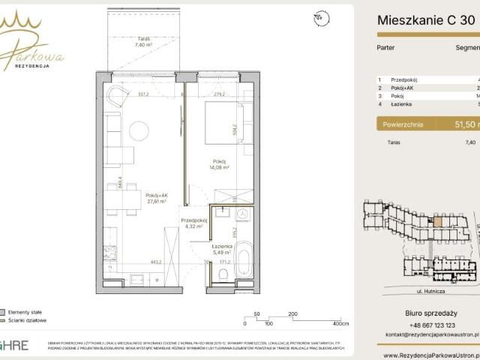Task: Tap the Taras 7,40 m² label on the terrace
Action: click(x=144, y=42)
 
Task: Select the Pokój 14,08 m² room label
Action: click(x=219, y=165)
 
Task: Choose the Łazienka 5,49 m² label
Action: click(x=223, y=250)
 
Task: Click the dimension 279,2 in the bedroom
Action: click(x=218, y=95)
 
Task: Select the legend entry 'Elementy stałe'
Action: click(x=26, y=311)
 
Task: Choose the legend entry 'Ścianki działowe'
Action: click(x=28, y=320)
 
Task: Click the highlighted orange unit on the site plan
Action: click(x=439, y=221)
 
